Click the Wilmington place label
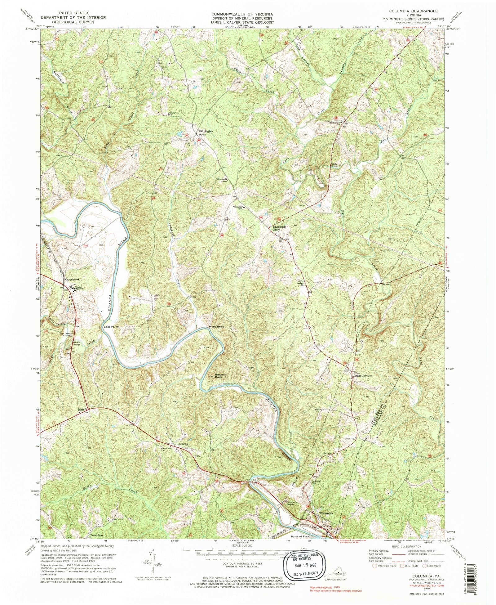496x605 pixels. click(x=206, y=132)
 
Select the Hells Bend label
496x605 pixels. click(x=216, y=327)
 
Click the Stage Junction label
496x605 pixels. click(x=363, y=376)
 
